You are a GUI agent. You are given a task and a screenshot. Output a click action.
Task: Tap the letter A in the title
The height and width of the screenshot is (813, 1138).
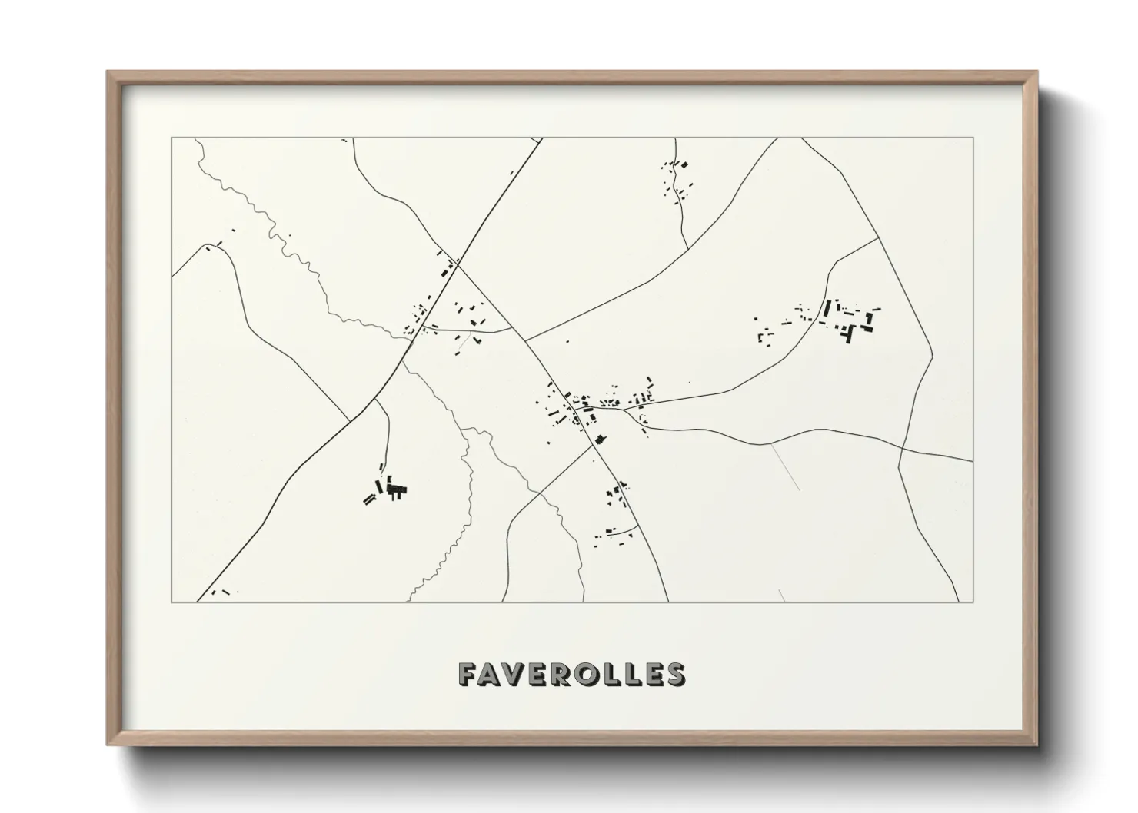(492, 674)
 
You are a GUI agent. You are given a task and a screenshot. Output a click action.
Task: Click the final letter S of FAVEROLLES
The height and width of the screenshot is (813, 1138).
(675, 674)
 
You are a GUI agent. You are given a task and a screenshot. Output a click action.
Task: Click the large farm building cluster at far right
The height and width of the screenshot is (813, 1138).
(850, 319)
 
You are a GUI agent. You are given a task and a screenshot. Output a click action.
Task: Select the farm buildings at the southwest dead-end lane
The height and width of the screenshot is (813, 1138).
(389, 489)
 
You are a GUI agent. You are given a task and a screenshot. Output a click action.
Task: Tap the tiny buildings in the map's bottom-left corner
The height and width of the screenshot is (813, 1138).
(221, 592)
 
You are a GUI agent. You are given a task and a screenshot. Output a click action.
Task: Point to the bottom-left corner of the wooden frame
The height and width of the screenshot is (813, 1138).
(108, 745)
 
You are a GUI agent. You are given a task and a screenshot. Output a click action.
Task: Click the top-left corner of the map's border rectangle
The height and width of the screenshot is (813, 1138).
(172, 138)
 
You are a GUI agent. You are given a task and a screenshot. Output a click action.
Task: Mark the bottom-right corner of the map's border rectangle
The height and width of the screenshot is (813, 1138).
(973, 602)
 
